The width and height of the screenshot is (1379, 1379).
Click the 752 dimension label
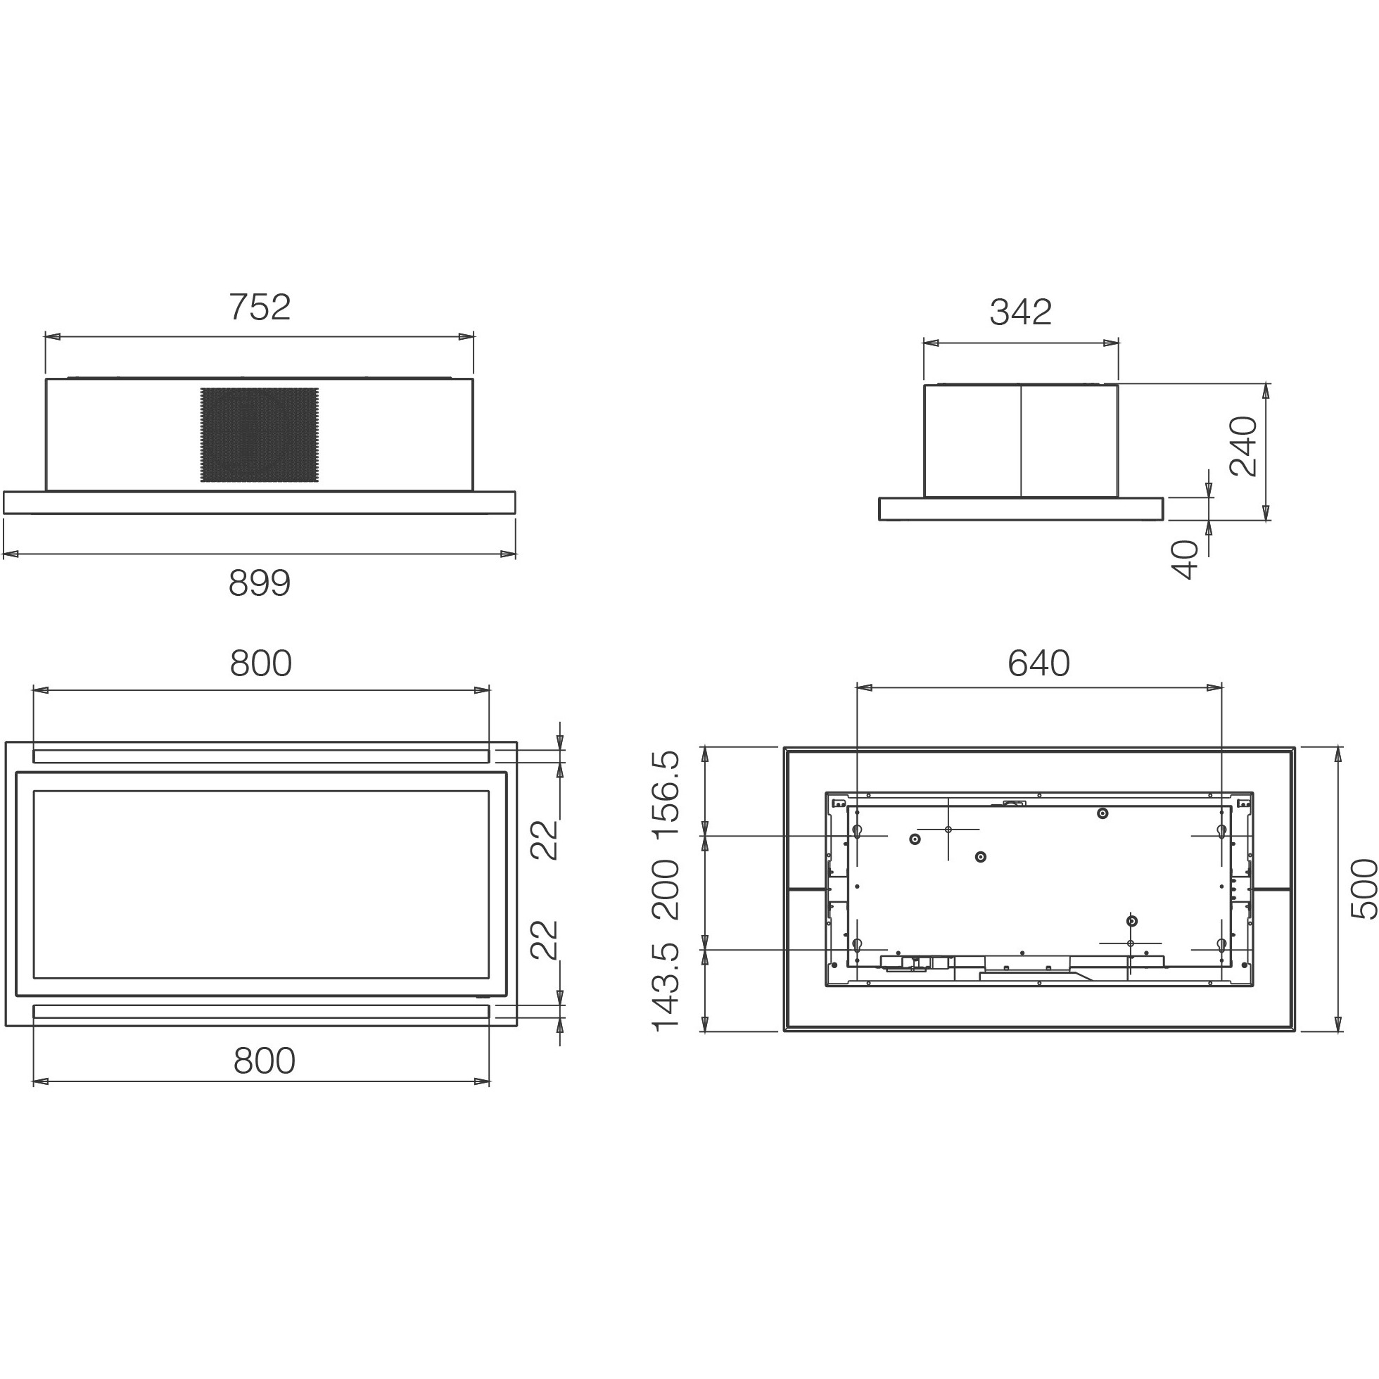pyautogui.click(x=260, y=307)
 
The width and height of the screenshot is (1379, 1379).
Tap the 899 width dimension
pyautogui.click(x=260, y=583)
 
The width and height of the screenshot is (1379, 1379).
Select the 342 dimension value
pyautogui.click(x=1021, y=312)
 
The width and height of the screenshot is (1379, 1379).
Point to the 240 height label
pyautogui.click(x=1243, y=446)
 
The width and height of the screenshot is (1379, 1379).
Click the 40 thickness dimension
pyautogui.click(x=1186, y=559)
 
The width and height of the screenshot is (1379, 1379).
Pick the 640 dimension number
pyautogui.click(x=1038, y=663)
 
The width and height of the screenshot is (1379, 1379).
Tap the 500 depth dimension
pyautogui.click(x=1363, y=889)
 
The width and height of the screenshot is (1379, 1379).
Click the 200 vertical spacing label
pyautogui.click(x=666, y=889)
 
